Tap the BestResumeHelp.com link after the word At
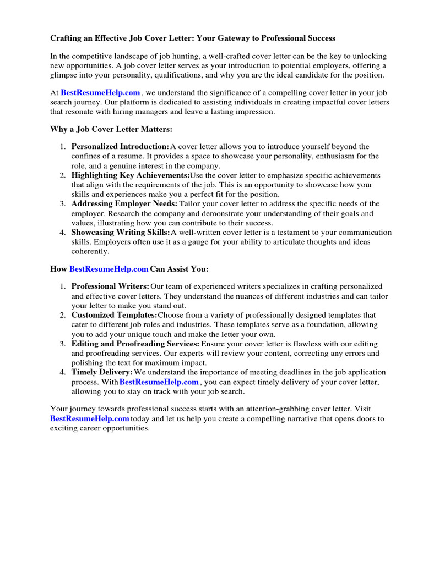pyautogui.click(x=100, y=93)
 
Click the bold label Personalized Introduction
pyautogui.click(x=120, y=147)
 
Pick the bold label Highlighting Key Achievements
pyautogui.click(x=131, y=175)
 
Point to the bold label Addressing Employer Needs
pyautogui.click(x=124, y=204)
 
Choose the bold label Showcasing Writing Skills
pyautogui.click(x=121, y=233)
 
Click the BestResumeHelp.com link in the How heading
pyautogui.click(x=109, y=269)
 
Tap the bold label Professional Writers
pyautogui.click(x=110, y=286)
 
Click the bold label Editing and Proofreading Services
pyautogui.click(x=135, y=344)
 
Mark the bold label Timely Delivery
pyautogui.click(x=102, y=372)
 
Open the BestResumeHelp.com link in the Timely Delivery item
pyautogui.click(x=159, y=382)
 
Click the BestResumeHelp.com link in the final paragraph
pyautogui.click(x=90, y=419)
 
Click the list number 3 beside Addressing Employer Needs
pyautogui.click(x=63, y=204)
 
